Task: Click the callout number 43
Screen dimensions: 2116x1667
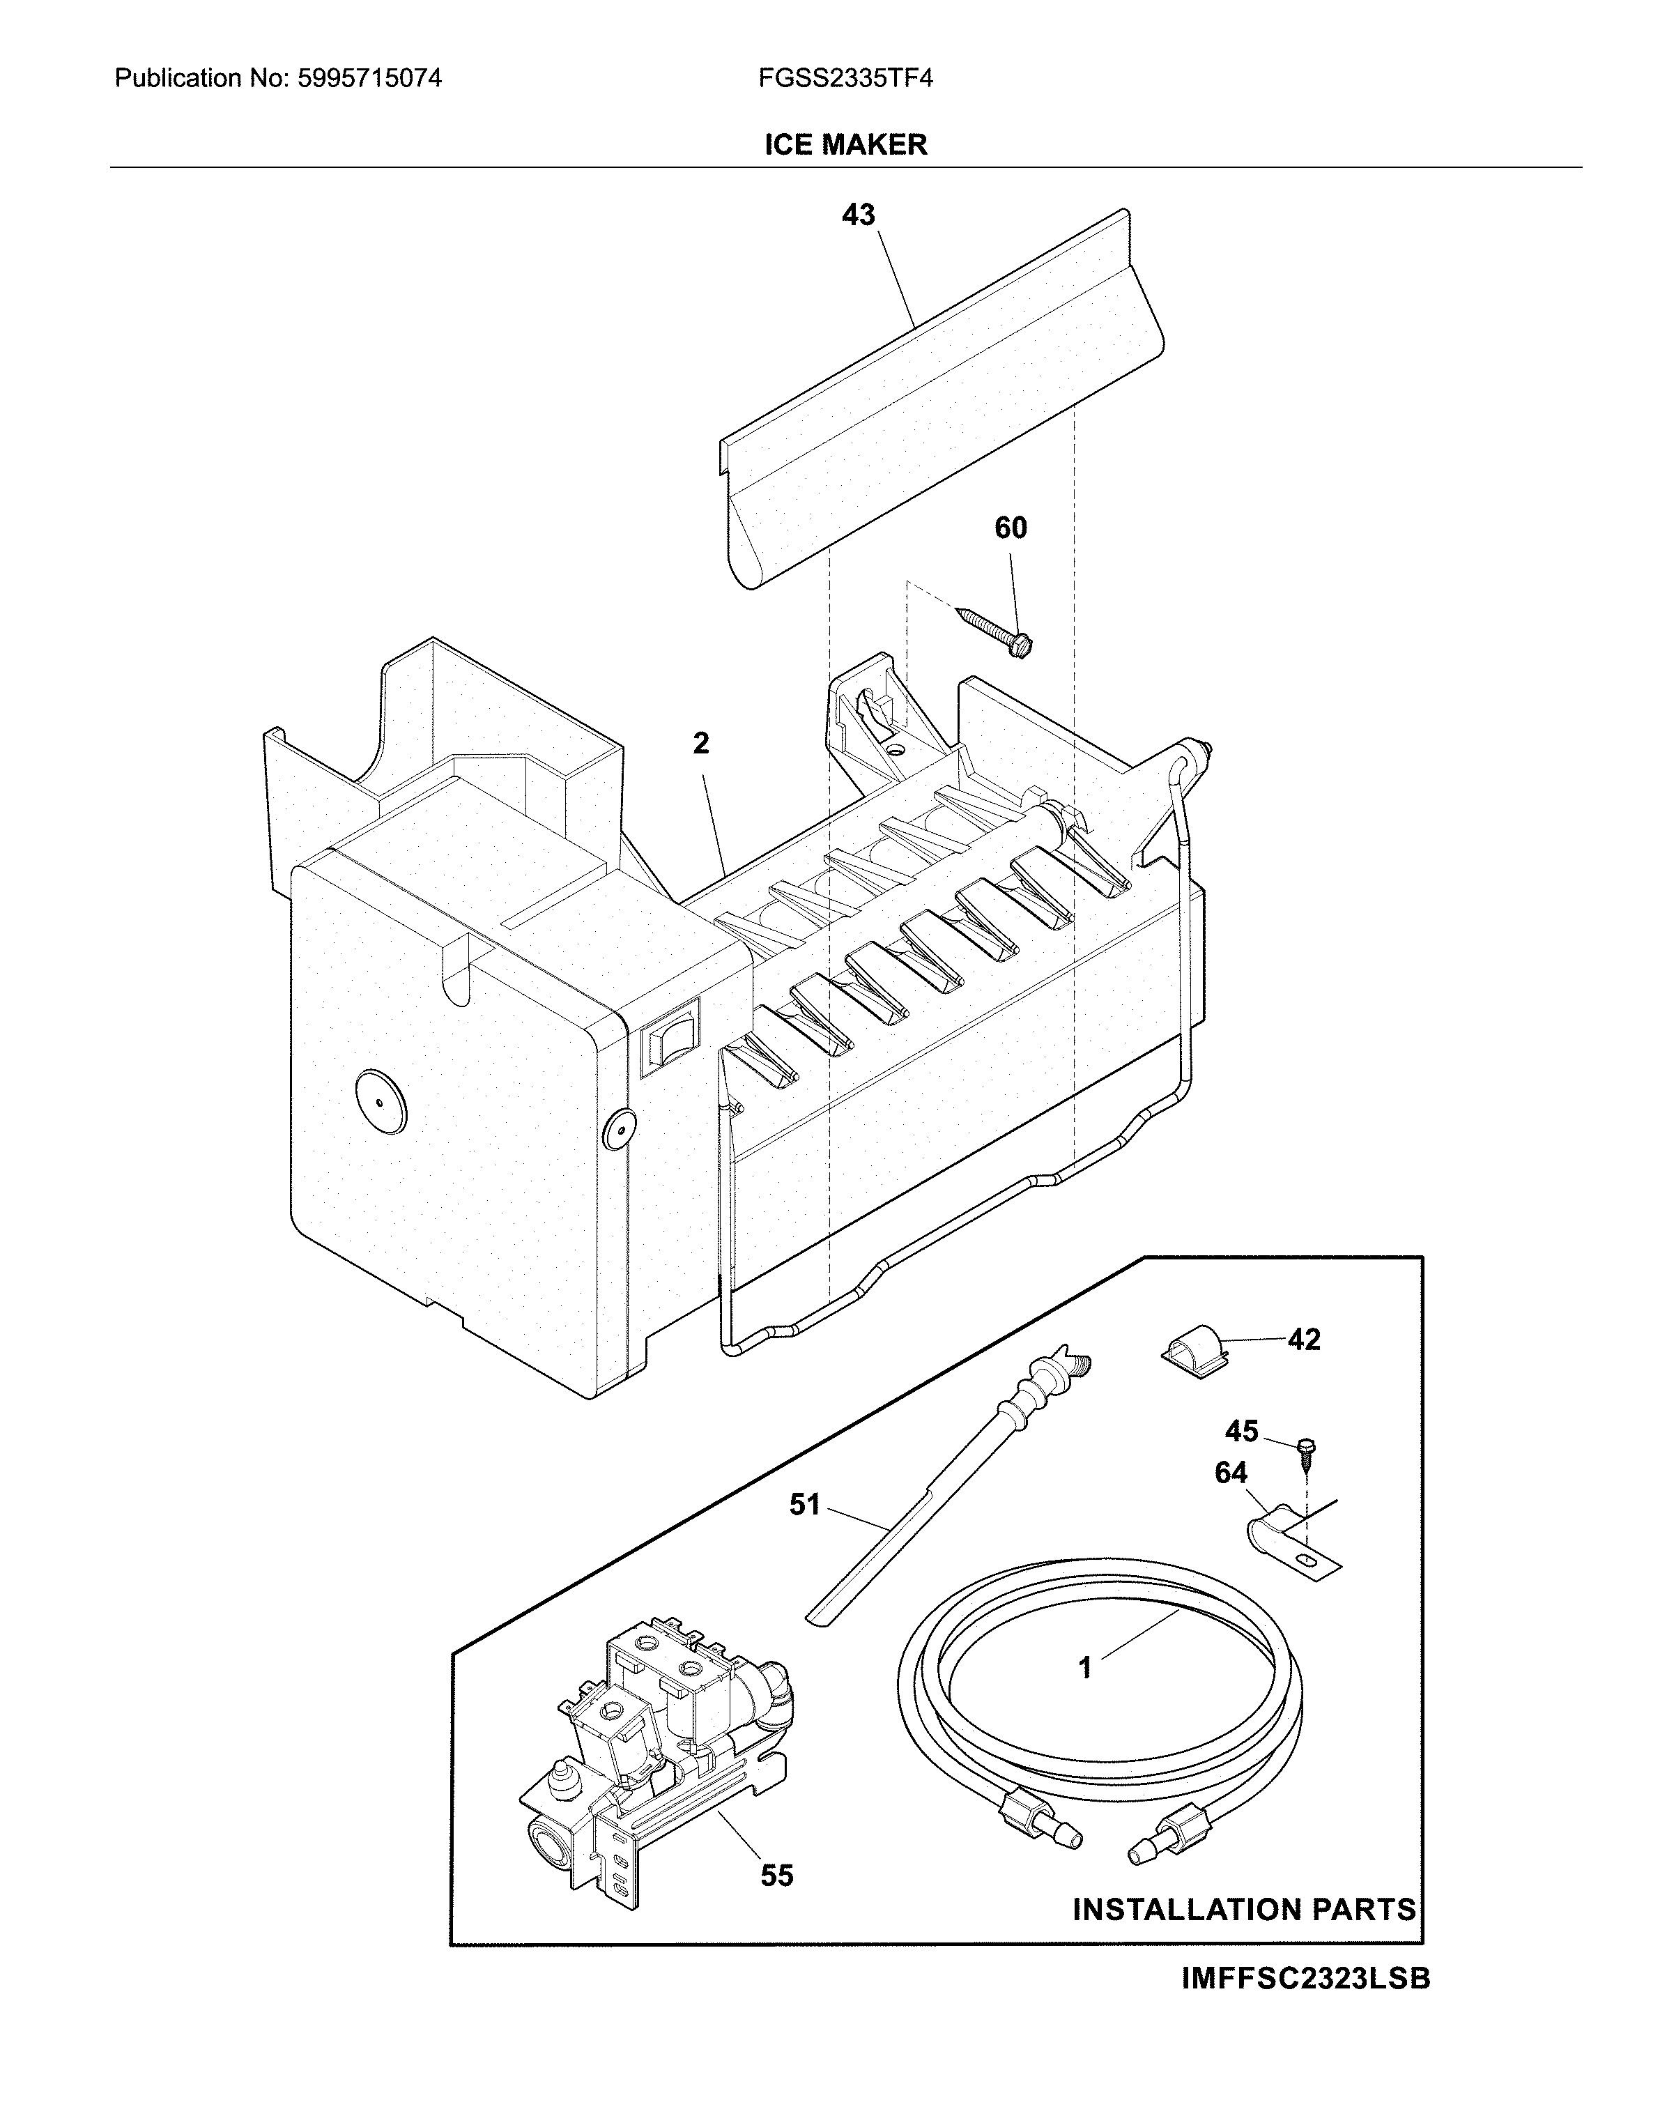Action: click(x=858, y=215)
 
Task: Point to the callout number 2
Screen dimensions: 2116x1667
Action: click(x=701, y=744)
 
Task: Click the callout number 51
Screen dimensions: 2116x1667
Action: click(x=804, y=1505)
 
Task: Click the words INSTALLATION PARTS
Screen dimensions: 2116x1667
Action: click(x=1243, y=1909)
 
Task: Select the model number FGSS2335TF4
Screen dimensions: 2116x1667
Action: click(x=845, y=78)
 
